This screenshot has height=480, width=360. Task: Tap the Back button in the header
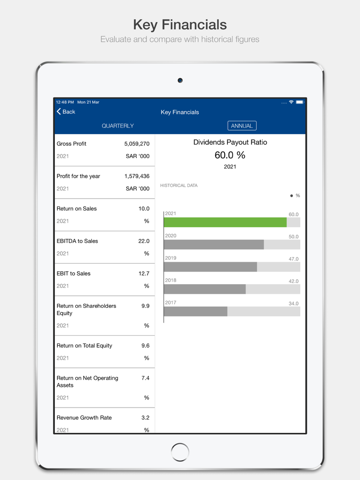click(66, 112)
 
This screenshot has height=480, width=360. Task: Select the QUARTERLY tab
click(118, 126)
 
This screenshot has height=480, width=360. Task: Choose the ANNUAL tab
click(242, 126)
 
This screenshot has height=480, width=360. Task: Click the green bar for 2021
click(225, 222)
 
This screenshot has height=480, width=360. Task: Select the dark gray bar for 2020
click(213, 245)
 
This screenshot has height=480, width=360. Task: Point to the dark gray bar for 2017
click(195, 312)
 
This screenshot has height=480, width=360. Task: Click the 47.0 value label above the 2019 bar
click(293, 259)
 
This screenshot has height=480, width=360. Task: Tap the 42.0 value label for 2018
click(293, 281)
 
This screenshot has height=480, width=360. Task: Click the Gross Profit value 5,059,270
click(137, 144)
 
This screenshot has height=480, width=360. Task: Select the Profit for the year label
click(78, 176)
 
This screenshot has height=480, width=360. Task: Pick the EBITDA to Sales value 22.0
click(144, 241)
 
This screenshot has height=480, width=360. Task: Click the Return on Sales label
click(77, 209)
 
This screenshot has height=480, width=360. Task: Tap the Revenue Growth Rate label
click(84, 418)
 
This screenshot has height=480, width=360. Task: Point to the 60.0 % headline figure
click(230, 155)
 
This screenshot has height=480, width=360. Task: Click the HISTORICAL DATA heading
click(179, 186)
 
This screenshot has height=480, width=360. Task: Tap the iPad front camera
click(180, 80)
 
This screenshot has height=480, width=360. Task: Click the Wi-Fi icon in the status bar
click(291, 102)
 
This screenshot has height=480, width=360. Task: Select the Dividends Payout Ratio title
click(230, 142)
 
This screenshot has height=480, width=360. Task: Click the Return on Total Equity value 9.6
click(145, 346)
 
